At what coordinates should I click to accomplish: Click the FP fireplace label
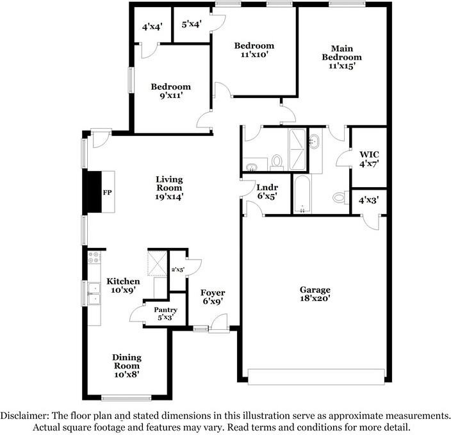107,192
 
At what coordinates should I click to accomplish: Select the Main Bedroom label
341,56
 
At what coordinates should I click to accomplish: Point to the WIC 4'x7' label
368,159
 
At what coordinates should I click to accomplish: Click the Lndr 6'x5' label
266,192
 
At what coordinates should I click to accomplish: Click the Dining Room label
127,361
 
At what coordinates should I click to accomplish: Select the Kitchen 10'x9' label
123,286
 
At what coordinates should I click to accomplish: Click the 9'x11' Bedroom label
170,92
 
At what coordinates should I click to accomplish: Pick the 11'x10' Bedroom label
254,50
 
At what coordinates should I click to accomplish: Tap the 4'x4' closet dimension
152,27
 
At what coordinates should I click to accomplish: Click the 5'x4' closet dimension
192,25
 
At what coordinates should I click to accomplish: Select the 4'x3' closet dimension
368,201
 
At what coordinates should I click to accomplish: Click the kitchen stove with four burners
95,258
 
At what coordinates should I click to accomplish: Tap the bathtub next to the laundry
301,194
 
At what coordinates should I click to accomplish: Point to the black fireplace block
94,191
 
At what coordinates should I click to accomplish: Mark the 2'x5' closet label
177,270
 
